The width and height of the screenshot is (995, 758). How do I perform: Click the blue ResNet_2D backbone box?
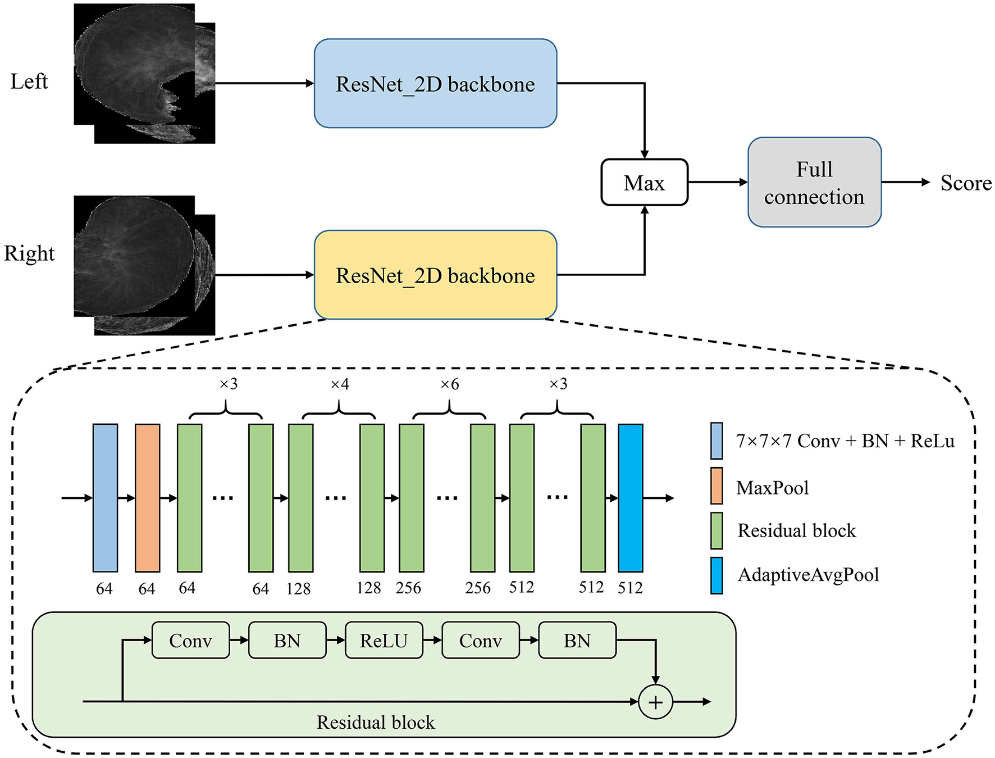click(435, 83)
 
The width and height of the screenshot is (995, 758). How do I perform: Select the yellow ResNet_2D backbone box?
click(435, 275)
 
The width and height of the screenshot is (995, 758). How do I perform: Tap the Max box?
click(644, 183)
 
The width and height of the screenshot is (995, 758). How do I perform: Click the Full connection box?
click(814, 183)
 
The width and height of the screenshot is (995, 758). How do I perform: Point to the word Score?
click(966, 183)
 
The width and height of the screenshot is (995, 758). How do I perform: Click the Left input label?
click(29, 81)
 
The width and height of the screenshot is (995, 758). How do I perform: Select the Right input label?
click(29, 253)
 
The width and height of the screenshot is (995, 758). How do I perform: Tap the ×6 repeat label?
click(449, 384)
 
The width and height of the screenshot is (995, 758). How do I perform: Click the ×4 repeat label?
click(339, 384)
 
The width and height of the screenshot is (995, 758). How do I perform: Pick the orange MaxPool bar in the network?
click(148, 497)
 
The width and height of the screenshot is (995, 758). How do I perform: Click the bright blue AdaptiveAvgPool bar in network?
click(630, 497)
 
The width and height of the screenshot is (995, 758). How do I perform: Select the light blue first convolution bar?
click(105, 497)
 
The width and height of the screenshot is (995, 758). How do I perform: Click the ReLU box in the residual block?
click(384, 640)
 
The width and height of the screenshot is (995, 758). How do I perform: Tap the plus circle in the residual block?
click(655, 702)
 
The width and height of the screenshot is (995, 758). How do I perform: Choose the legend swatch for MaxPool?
click(716, 485)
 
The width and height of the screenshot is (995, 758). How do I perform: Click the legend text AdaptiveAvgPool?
click(808, 575)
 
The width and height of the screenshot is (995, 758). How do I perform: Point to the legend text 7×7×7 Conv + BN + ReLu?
click(845, 441)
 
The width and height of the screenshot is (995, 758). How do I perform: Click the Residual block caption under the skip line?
click(376, 723)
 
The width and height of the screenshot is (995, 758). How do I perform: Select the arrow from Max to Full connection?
click(717, 182)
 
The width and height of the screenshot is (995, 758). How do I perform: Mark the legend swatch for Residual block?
click(716, 530)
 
